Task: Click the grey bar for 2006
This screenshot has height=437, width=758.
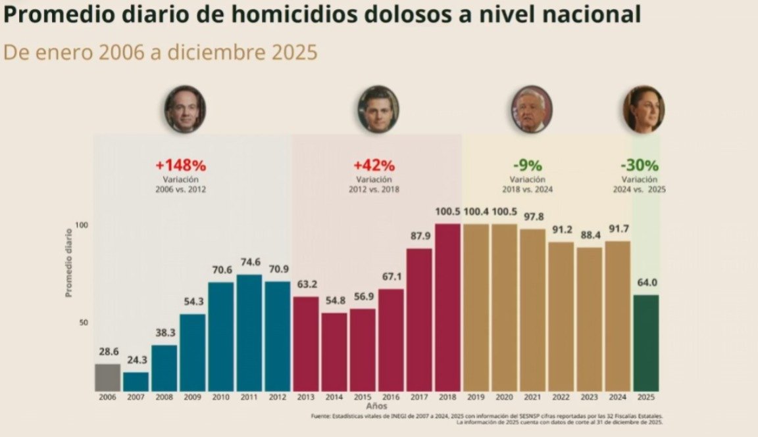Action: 107,377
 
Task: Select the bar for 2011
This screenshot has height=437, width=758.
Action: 249,333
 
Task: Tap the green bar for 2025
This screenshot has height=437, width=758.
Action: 645,342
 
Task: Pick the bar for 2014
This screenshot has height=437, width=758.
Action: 334,352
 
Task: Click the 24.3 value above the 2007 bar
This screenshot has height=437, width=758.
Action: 136,360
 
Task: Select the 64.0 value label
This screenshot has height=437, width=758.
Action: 645,283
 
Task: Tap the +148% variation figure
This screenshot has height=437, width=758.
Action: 181,165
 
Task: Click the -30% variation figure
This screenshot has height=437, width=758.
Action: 640,165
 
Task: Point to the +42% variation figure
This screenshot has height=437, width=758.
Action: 374,165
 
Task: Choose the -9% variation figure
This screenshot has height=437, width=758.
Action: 527,165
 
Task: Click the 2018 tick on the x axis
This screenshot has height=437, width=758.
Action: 447,398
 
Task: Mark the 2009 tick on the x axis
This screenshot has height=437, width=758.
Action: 192,398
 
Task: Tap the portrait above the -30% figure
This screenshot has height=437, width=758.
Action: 644,108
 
